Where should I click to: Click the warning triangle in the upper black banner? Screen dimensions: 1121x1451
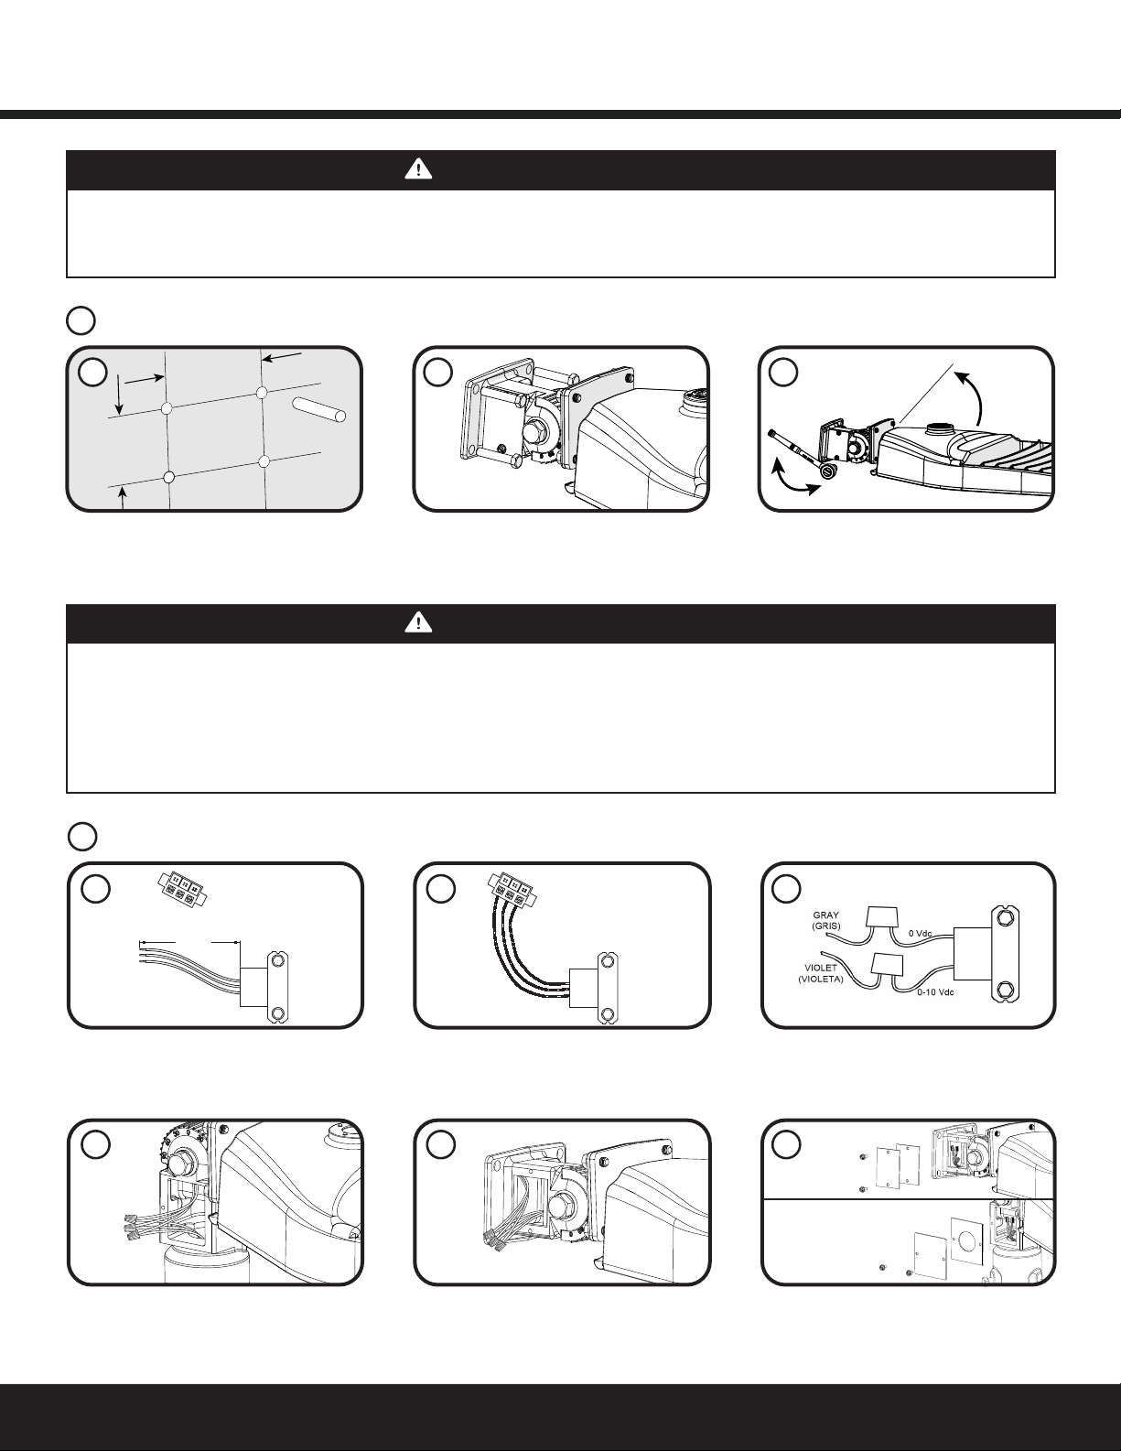point(418,169)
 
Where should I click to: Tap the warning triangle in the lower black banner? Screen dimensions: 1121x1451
point(418,623)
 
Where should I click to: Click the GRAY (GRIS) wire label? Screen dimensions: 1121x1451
point(827,920)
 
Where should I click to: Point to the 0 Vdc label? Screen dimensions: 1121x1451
point(921,934)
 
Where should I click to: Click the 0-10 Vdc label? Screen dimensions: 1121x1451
point(934,991)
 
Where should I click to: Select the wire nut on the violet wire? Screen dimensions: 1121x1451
point(889,964)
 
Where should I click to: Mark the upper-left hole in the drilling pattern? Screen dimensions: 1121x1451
point(166,407)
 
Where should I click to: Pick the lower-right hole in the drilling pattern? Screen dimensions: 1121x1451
point(264,460)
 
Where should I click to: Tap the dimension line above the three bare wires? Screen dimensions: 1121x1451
point(189,940)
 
